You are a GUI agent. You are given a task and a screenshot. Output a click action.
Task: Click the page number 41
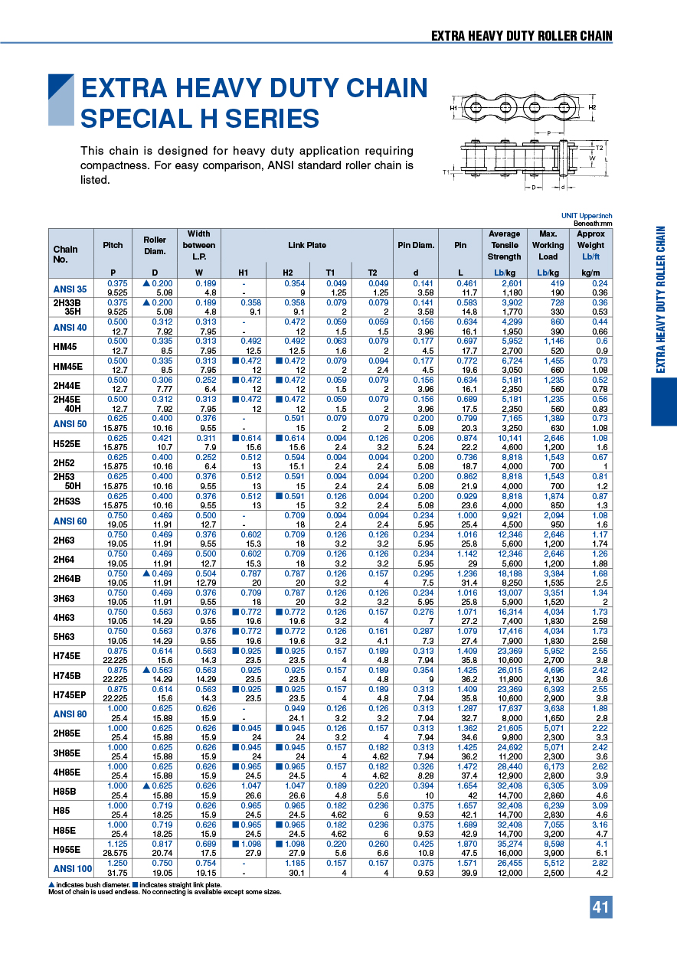[600, 907]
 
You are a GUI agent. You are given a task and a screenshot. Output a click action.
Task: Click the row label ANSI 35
[70, 289]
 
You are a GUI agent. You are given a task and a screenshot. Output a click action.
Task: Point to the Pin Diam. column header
[416, 245]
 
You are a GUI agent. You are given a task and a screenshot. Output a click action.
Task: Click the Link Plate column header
[306, 245]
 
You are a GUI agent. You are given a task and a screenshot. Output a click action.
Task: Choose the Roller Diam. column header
[155, 245]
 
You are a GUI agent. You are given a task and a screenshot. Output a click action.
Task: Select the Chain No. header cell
[66, 253]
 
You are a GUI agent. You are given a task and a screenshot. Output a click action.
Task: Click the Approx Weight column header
[590, 245]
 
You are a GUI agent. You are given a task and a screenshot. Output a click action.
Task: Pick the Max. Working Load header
[548, 245]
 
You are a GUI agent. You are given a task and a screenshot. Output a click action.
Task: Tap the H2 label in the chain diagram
[592, 108]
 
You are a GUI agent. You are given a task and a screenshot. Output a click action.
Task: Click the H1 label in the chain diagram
[453, 108]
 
